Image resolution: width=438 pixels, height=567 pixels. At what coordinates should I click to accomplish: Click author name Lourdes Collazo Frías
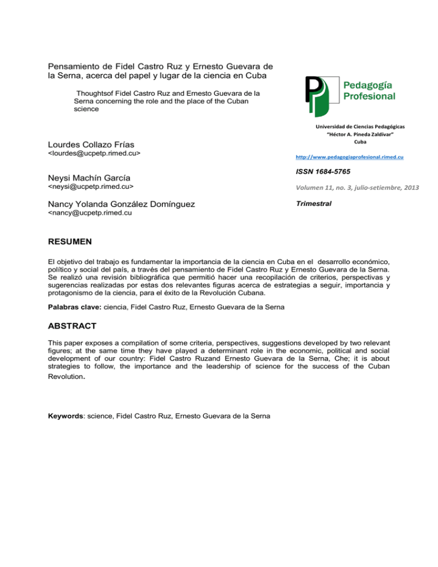pyautogui.click(x=101, y=143)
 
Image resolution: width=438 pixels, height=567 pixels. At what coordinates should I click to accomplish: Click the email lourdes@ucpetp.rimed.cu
pyautogui.click(x=94, y=154)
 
